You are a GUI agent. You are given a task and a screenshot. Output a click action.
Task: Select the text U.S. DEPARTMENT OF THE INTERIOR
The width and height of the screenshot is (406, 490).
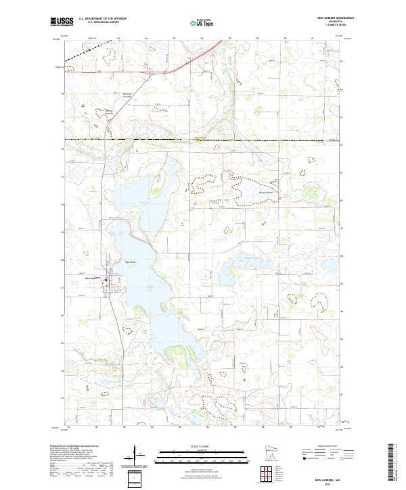[102, 19]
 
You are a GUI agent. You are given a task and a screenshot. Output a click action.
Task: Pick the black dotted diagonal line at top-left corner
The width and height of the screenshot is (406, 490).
[88, 53]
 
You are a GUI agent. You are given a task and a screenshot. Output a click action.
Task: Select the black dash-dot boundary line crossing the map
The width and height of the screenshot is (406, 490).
[203, 140]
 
